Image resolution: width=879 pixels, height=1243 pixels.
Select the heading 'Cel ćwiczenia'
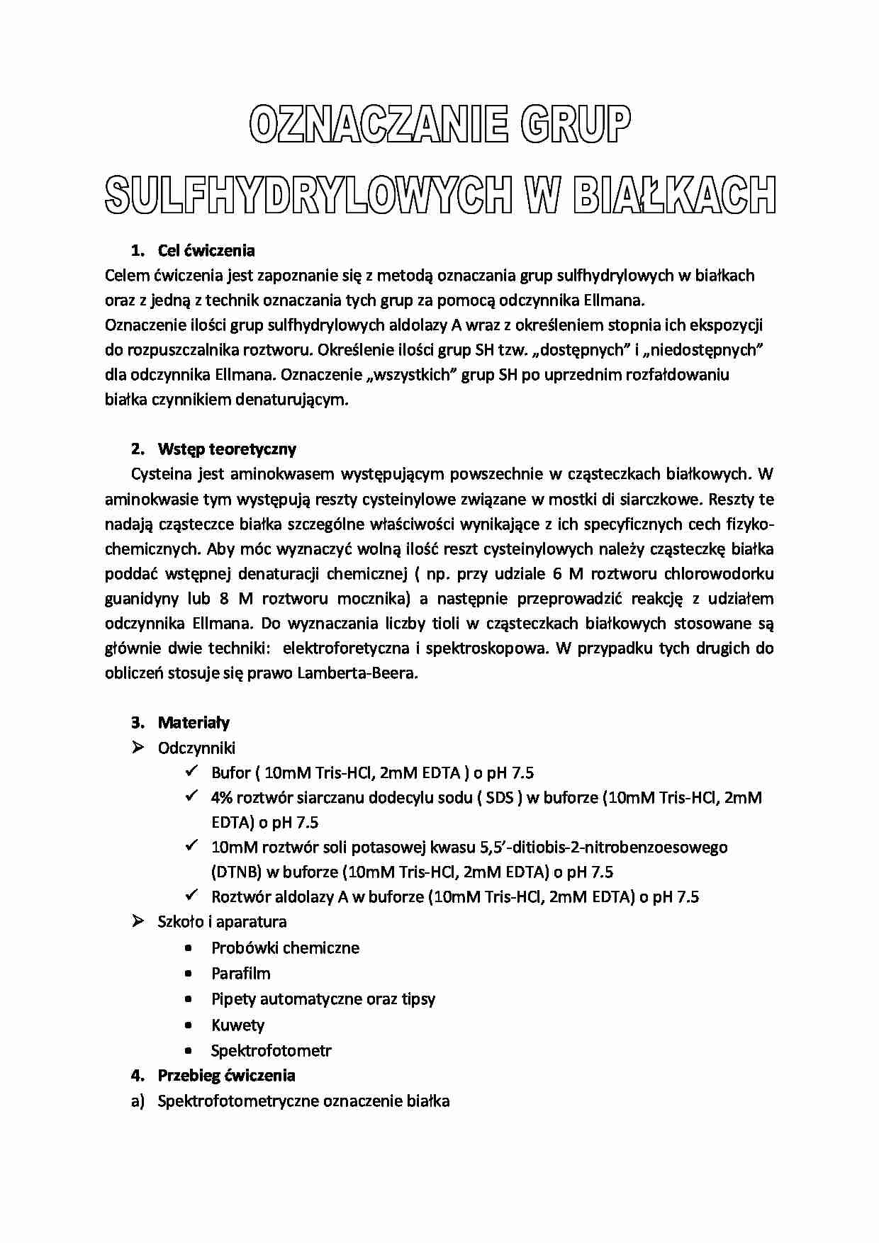click(206, 250)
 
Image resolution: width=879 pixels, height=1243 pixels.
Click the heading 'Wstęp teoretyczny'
click(227, 449)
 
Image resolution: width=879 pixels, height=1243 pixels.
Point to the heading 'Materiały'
click(194, 722)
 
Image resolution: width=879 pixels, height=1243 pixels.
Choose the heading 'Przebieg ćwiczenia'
click(226, 1075)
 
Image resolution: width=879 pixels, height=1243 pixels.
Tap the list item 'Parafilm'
click(241, 973)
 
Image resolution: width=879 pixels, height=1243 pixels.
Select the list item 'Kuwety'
click(237, 1025)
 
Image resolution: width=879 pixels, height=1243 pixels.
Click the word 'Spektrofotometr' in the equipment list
click(271, 1050)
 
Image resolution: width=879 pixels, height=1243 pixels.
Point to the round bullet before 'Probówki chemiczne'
click(188, 948)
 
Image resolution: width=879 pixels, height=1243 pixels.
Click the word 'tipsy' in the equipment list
click(417, 999)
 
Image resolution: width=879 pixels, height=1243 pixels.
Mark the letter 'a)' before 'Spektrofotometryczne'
click(138, 1101)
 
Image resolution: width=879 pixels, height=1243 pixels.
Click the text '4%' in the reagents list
click(221, 797)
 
